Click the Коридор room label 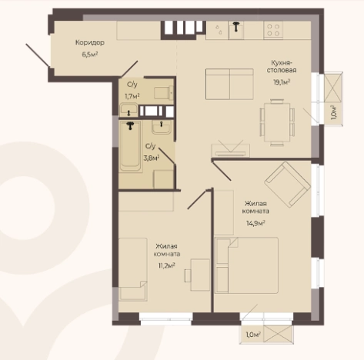click(90, 42)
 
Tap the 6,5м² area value click(90, 55)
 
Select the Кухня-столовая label click(282, 66)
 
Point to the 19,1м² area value click(282, 82)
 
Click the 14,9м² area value click(255, 223)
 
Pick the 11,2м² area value click(166, 265)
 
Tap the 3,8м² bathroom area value click(152, 158)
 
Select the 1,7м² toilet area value click(132, 96)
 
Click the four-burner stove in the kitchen click(273, 30)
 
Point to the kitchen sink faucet click(235, 26)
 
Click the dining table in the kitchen click(277, 122)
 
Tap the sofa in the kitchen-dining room click(229, 84)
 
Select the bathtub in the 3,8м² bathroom click(131, 147)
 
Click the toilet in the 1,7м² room click(163, 92)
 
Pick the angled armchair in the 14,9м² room click(288, 184)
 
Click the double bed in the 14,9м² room click(247, 265)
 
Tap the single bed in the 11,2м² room click(133, 269)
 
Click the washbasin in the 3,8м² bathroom click(161, 127)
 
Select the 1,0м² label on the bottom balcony click(253, 335)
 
